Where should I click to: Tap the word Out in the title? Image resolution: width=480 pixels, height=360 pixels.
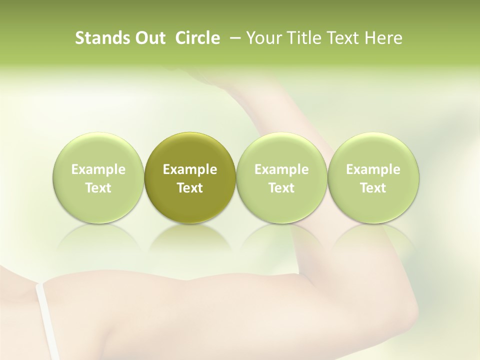click(x=150, y=38)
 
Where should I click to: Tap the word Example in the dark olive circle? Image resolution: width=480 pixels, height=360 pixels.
click(x=190, y=170)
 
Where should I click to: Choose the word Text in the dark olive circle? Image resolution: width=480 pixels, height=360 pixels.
click(x=190, y=188)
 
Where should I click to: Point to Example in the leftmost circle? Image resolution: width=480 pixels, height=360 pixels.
click(x=98, y=170)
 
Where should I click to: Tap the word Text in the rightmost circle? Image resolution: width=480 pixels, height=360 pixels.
click(x=373, y=188)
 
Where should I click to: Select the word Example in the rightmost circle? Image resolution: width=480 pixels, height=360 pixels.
click(x=373, y=170)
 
